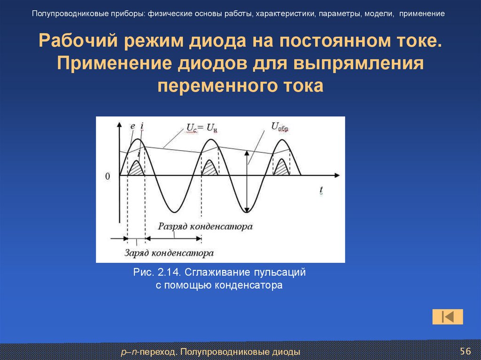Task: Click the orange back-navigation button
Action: (448, 317)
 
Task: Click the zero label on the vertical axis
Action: (108, 176)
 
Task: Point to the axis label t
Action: (321, 190)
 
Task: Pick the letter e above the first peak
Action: (132, 126)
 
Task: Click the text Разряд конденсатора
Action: (205, 226)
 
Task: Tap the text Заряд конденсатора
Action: (169, 253)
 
